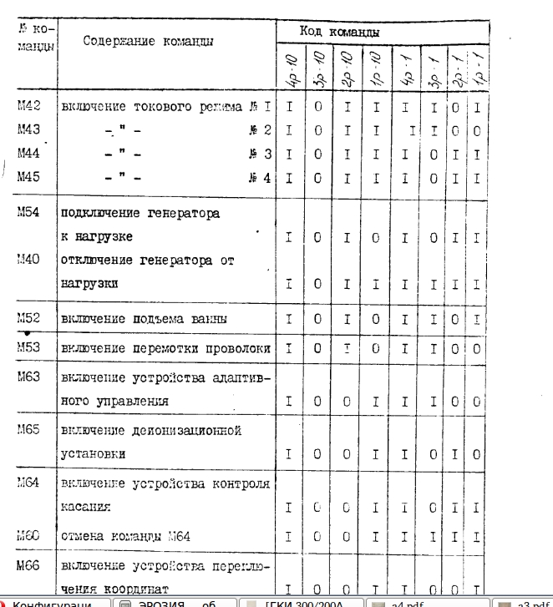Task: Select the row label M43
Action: (x=30, y=130)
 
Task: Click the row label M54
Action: (x=30, y=213)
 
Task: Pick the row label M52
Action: (x=30, y=320)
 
